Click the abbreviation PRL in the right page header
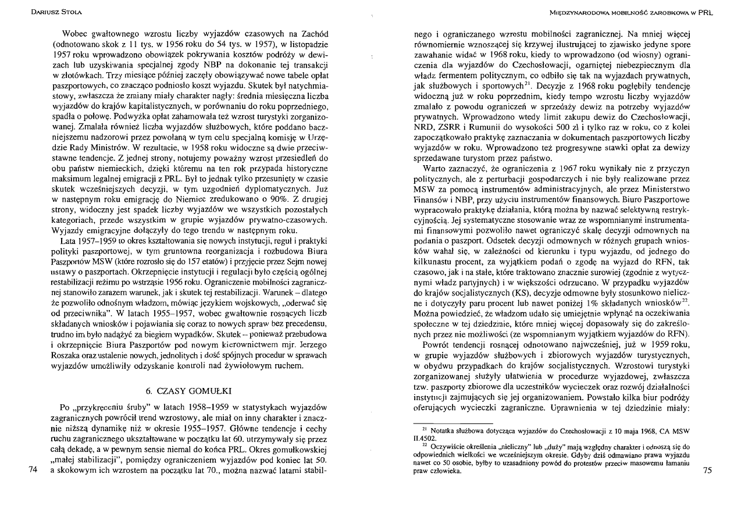point(705,12)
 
